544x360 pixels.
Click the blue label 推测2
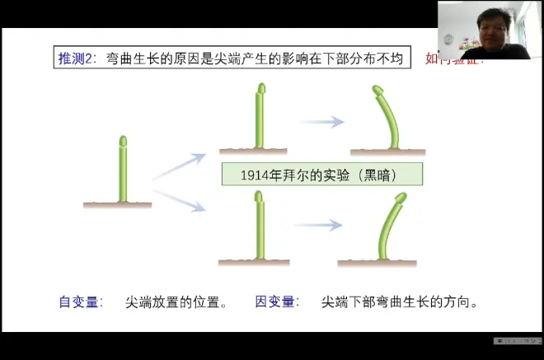[76, 58]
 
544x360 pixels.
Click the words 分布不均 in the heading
[377, 58]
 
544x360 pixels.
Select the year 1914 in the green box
[256, 175]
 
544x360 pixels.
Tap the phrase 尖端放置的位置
[173, 302]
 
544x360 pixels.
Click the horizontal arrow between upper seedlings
[321, 122]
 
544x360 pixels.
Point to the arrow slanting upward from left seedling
[178, 166]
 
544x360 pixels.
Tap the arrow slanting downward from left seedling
[178, 200]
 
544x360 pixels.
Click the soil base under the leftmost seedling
[117, 203]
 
